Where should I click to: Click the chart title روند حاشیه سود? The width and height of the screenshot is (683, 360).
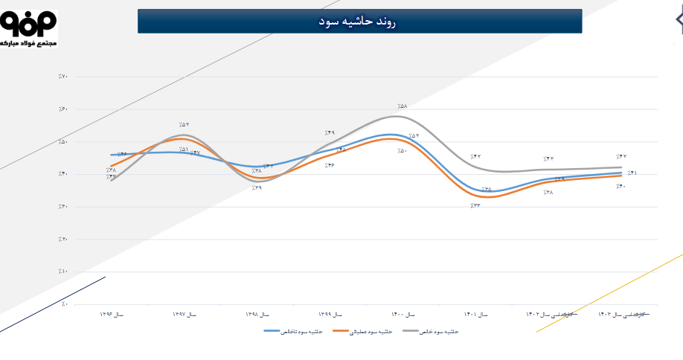pos(359,22)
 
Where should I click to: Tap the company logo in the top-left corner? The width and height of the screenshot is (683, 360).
pos(28,29)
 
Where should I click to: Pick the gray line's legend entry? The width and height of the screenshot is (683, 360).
pos(431,331)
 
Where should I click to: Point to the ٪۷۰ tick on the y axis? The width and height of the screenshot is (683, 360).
pos(62,77)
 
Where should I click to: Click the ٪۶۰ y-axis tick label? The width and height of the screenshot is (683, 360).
pos(62,109)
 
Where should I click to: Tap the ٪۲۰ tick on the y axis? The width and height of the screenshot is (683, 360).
pos(62,240)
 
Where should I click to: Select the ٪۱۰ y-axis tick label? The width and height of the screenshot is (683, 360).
pos(62,271)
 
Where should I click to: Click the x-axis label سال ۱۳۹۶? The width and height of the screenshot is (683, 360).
pos(112,315)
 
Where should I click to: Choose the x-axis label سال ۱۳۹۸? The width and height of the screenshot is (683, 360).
pos(257,315)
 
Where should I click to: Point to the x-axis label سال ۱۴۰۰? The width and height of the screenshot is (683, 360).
pos(403,315)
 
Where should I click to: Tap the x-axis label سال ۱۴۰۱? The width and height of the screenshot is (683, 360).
pos(475,315)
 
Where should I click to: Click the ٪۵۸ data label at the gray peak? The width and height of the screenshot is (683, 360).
pos(403,106)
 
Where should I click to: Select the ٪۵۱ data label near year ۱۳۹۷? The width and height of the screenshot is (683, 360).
pos(183,150)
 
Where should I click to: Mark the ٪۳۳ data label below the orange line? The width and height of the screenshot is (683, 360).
pos(475,205)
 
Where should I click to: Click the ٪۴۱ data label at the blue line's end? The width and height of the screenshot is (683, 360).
pos(631,173)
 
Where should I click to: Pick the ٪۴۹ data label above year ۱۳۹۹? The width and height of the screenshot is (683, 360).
pos(330,133)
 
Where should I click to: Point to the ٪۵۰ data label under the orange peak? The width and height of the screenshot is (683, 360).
pos(403,151)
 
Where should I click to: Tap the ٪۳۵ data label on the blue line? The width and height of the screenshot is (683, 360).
pos(487,190)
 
